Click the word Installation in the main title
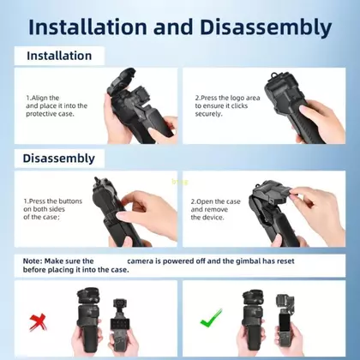click(87, 27)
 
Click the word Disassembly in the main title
click(266, 28)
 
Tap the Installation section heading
click(59, 56)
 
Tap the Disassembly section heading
click(59, 159)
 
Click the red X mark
click(38, 322)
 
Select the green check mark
click(211, 319)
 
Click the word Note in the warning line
click(33, 261)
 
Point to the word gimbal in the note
click(249, 261)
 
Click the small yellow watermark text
click(180, 182)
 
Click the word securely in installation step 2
click(208, 114)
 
